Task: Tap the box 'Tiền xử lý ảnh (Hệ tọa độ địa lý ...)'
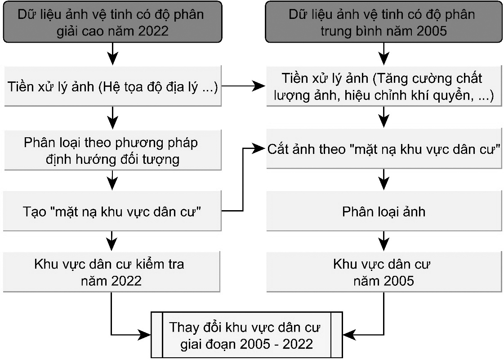click(112, 86)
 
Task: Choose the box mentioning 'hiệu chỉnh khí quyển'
click(383, 86)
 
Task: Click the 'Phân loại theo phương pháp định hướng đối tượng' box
click(112, 150)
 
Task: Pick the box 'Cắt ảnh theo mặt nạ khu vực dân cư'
click(384, 150)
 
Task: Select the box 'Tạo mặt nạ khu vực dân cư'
click(112, 211)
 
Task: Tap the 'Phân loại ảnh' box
click(384, 211)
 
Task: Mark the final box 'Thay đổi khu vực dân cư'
click(246, 335)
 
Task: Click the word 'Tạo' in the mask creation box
click(31, 211)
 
